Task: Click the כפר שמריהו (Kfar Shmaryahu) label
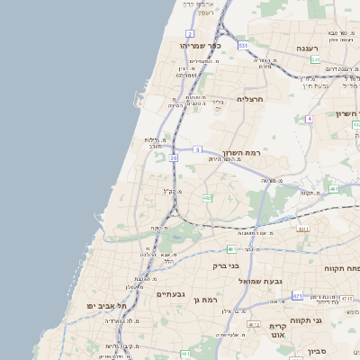click(201, 45)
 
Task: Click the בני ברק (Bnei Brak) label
click(226, 265)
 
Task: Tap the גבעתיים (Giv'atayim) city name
click(171, 294)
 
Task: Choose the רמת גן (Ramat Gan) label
click(206, 299)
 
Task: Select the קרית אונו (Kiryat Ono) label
click(277, 330)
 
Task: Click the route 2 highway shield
click(190, 33)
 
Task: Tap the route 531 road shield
click(242, 44)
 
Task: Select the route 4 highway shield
click(309, 118)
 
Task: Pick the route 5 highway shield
click(197, 149)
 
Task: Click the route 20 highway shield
click(172, 157)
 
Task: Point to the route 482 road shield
click(207, 197)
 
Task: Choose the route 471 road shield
click(297, 295)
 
